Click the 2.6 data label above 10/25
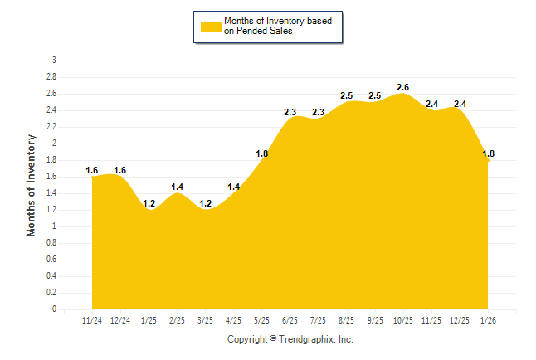[x=403, y=87]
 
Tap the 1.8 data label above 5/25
[x=261, y=153]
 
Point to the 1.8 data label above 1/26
[x=488, y=153]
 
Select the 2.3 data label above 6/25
[x=290, y=112]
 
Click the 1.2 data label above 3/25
[x=205, y=203]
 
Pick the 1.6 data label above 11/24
[x=92, y=170]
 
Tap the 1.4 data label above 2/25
[x=177, y=187]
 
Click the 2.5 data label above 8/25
[x=347, y=95]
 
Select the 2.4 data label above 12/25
[x=460, y=104]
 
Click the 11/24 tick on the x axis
[x=92, y=319]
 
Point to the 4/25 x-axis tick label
[x=233, y=319]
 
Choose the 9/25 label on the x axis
[x=375, y=319]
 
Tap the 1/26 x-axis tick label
[x=488, y=319]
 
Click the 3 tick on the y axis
[x=54, y=61]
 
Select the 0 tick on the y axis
[x=54, y=309]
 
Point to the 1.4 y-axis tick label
[x=51, y=193]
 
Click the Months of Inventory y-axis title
[x=32, y=185]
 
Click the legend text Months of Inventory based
[x=283, y=21]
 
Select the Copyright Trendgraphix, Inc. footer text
[x=290, y=339]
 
